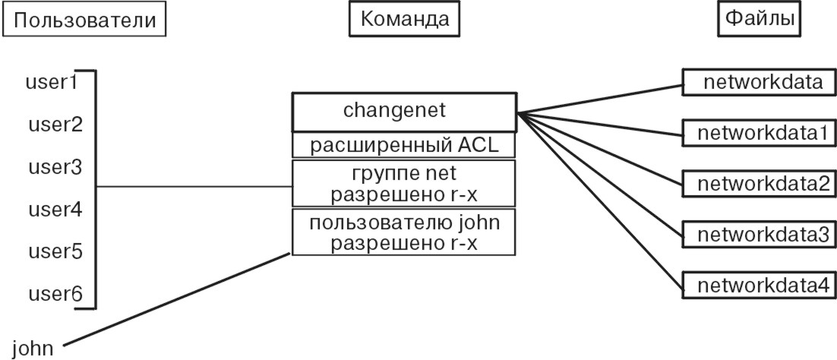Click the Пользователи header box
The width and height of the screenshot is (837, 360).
(84, 20)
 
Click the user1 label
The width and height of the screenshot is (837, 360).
(52, 81)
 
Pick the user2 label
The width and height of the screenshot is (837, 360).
(55, 124)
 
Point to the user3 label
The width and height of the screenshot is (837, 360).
(55, 166)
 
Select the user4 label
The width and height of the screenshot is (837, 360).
(55, 208)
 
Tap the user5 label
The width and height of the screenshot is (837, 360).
(55, 251)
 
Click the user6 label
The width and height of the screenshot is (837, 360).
(55, 293)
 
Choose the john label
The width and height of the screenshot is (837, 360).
(33, 348)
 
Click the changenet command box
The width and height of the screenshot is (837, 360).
(404, 112)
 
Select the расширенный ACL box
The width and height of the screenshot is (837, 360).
(404, 144)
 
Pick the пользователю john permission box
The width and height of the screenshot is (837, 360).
(404, 232)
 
